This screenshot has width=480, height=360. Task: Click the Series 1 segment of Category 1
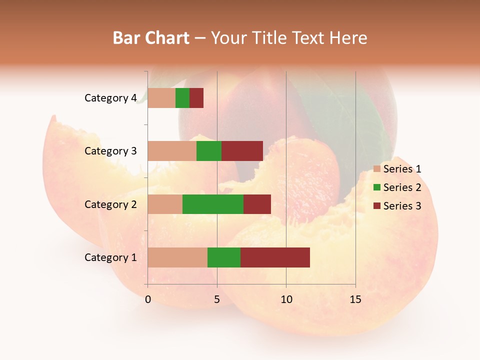pos(177,257)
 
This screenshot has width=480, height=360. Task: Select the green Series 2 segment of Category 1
pos(224,257)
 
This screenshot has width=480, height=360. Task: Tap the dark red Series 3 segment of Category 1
pos(275,257)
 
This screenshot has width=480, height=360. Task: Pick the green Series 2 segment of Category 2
pos(213,204)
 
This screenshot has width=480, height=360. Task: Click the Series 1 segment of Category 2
pos(165,204)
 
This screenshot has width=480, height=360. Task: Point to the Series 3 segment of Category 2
pos(257,204)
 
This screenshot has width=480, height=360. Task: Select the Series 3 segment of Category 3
pos(242,151)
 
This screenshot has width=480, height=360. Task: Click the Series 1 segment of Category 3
pos(172,151)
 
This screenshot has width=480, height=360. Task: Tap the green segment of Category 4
pos(182,98)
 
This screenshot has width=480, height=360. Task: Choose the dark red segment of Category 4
pos(196,98)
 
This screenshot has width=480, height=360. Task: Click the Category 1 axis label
pos(110,257)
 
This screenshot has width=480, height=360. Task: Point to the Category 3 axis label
pos(110,151)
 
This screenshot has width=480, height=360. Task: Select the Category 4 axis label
pos(110,98)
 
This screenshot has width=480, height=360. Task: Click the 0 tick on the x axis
pos(148,299)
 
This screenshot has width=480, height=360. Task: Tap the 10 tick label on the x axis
pos(286,299)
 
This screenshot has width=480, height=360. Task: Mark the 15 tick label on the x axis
pos(355,299)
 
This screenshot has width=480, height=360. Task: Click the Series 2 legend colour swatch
pos(377,187)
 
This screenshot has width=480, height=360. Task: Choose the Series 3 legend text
pos(402,206)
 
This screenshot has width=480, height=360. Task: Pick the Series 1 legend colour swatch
pos(377,169)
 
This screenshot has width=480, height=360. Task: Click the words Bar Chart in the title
pos(151,38)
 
